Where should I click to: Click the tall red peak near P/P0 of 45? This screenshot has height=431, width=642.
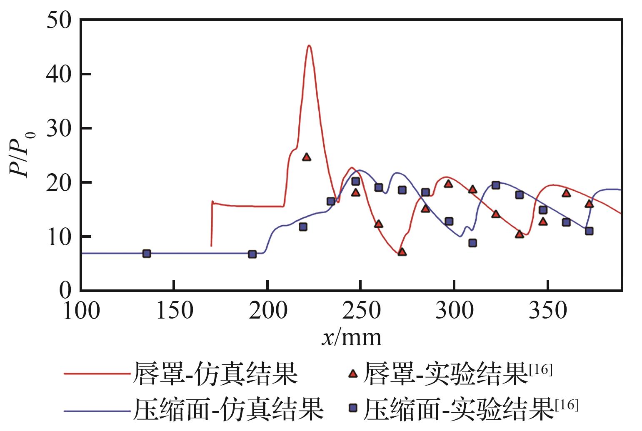[x=309, y=46]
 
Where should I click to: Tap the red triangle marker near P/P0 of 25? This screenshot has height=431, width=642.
[x=307, y=157]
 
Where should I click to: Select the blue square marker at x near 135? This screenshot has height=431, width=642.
[x=147, y=254]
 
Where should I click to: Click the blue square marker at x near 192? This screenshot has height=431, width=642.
[x=252, y=254]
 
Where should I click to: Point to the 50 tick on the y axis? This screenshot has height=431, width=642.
[x=58, y=20]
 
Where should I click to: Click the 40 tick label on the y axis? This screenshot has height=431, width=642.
[x=58, y=74]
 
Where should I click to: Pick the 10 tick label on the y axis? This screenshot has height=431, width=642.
[x=58, y=237]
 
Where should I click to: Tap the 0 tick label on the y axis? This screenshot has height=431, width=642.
[x=65, y=290]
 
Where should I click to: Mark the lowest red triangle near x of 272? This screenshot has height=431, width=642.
[x=402, y=252]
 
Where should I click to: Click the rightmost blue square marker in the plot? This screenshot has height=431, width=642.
[x=589, y=231]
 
